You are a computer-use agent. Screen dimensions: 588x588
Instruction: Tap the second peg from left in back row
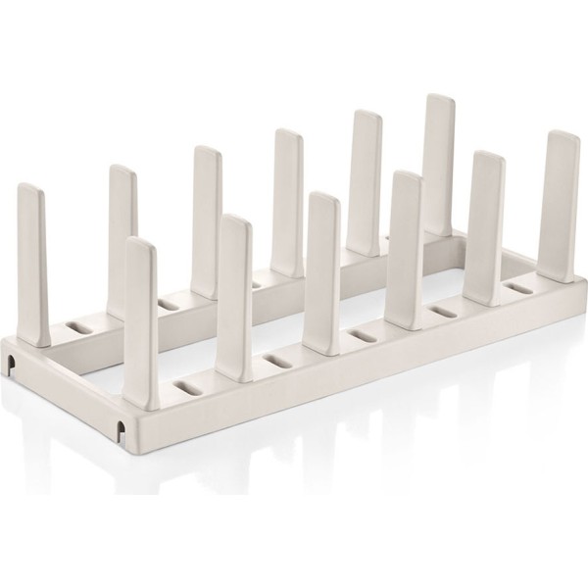tap(122, 225)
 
